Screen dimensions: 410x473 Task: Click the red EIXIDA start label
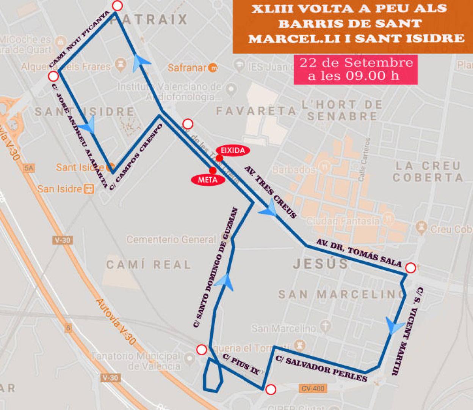pos(233,150)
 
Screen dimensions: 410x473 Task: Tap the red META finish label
pos(208,180)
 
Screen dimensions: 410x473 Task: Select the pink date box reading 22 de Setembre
pos(356,69)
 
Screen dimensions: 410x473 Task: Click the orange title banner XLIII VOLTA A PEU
pos(352,24)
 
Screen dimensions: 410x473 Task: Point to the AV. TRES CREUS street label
pos(270,192)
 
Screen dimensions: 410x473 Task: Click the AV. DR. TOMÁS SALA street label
pos(359,253)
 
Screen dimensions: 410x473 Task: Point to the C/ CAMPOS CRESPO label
pos(136,156)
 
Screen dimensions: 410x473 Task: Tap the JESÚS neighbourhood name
pos(320,263)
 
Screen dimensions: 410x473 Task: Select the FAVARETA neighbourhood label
pos(256,111)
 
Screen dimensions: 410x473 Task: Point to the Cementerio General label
pos(171,240)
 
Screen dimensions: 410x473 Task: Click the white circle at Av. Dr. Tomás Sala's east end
pos(410,268)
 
